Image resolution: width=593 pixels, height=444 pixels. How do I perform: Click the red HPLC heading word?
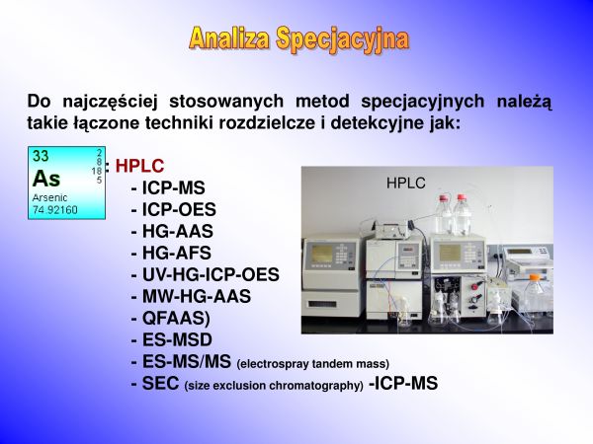coord(139,166)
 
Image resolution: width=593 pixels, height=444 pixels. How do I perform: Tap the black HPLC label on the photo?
coord(406,184)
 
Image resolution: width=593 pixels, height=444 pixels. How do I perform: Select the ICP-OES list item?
coord(174,209)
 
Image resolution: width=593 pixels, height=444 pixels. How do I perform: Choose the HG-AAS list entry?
coord(172,232)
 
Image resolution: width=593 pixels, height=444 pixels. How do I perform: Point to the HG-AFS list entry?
coord(171,253)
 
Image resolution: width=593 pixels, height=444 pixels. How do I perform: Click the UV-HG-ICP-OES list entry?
coord(206,275)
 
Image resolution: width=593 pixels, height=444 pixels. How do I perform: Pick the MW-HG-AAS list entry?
coord(191,296)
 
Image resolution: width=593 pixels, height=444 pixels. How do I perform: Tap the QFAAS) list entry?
coord(171,319)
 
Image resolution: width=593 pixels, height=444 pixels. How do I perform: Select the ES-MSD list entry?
coord(172,339)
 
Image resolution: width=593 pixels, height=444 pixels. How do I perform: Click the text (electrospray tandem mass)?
coord(312,364)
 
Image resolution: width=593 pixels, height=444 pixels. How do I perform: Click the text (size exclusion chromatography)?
coord(274,386)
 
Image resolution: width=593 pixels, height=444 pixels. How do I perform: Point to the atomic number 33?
coord(41,156)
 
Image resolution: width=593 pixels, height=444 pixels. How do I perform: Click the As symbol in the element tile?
coord(46,179)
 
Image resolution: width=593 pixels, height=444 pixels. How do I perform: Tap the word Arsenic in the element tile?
coord(49,198)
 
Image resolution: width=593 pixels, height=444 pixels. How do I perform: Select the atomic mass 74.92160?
coord(54,210)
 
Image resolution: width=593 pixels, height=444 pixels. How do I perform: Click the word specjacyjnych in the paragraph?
coord(422,102)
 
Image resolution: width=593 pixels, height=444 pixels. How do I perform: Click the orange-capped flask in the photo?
coord(535,294)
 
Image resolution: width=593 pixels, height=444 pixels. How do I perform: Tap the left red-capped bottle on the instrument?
coord(444,214)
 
